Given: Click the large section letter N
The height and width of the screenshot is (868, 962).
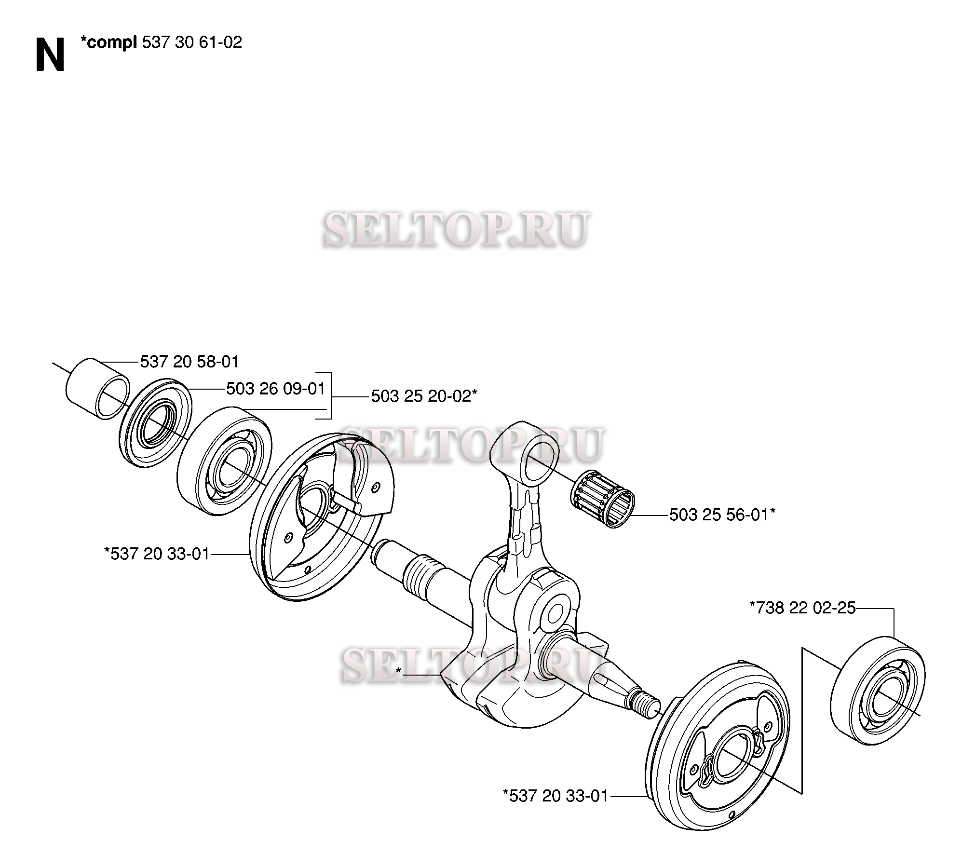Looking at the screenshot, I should (x=50, y=55).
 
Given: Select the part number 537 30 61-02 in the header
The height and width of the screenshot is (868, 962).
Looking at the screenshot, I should (x=192, y=43).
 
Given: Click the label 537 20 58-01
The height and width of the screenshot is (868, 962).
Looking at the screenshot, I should (x=190, y=361).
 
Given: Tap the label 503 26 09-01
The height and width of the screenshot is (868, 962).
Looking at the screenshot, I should (x=276, y=389).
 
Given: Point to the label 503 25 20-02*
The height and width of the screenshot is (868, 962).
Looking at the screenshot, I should (x=424, y=396).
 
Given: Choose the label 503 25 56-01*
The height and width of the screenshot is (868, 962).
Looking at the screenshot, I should (x=722, y=515).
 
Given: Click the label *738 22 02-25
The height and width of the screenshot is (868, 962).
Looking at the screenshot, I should (x=802, y=608).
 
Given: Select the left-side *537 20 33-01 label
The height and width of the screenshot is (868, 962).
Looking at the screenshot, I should (x=157, y=554).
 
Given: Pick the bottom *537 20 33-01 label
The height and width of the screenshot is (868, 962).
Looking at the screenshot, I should (x=555, y=796).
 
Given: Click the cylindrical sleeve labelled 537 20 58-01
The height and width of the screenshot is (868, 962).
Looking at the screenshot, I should (x=97, y=389).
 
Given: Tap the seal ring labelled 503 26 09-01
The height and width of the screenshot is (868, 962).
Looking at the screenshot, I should (x=155, y=423).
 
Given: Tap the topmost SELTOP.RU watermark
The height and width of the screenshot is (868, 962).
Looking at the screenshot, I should (x=456, y=230).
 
